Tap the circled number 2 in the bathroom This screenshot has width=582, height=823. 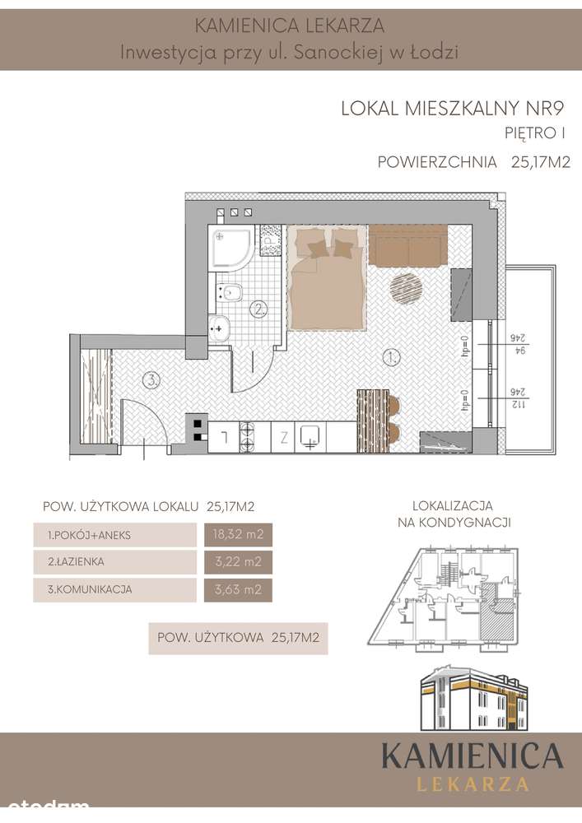259,309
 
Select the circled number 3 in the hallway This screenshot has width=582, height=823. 150,379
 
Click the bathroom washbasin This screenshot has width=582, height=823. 220,327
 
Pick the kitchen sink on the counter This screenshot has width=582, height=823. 310,436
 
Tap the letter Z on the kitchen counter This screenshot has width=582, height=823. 282,437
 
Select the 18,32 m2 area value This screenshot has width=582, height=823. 236,535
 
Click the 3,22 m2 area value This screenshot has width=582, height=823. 236,562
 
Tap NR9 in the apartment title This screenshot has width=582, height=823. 547,107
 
